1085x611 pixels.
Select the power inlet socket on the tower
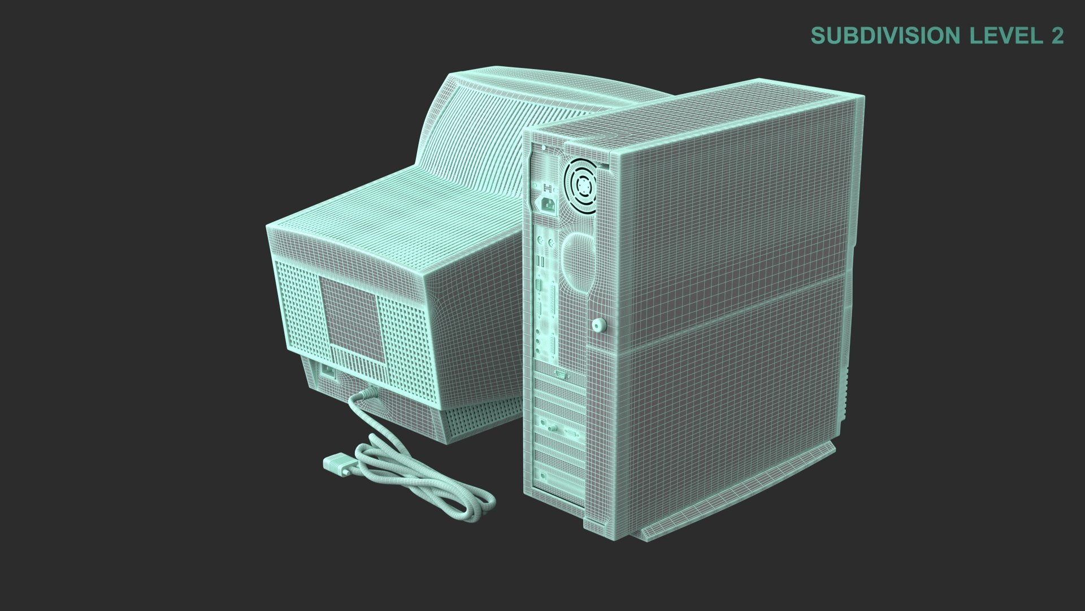(x=549, y=204)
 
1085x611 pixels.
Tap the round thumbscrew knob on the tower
(x=598, y=325)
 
